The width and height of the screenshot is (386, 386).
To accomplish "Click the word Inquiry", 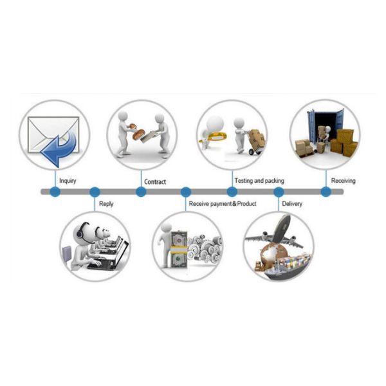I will pyautogui.click(x=68, y=181).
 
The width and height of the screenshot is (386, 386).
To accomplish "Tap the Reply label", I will pyautogui.click(x=106, y=205).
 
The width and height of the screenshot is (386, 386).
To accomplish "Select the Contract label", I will pyautogui.click(x=154, y=181).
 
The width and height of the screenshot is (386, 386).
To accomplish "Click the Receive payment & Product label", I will pyautogui.click(x=222, y=205).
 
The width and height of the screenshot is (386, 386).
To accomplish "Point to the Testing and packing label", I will pyautogui.click(x=259, y=181).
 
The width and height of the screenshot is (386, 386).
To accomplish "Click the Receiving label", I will pyautogui.click(x=343, y=181).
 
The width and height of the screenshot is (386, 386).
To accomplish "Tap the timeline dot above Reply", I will pyautogui.click(x=95, y=192).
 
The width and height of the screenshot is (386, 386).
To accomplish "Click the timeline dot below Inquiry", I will pyautogui.click(x=55, y=192).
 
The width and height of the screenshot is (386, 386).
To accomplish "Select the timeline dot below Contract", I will pyautogui.click(x=141, y=192).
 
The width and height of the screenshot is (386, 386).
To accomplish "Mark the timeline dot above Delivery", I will pyautogui.click(x=279, y=192).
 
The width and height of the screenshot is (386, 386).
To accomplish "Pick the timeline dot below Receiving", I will pyautogui.click(x=326, y=192).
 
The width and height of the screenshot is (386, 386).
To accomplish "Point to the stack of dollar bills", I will pyautogui.click(x=178, y=248).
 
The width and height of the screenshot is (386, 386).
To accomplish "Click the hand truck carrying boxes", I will pyautogui.click(x=255, y=143).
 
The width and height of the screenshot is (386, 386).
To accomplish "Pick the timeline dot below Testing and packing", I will pyautogui.click(x=232, y=192).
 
